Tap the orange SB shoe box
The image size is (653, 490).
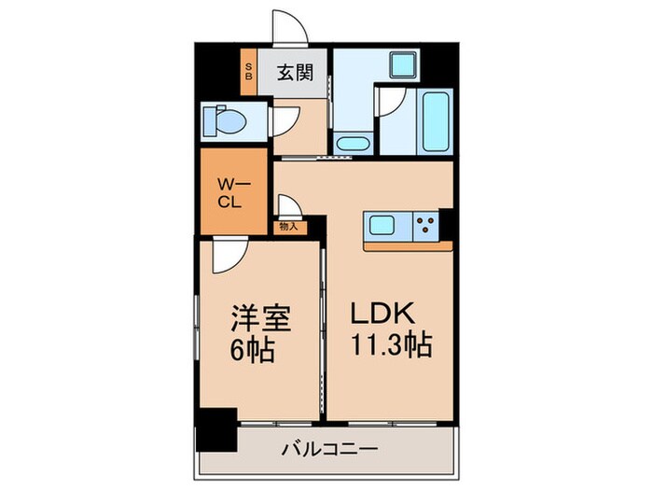pos(249,71)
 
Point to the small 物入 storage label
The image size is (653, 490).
pos(287,226)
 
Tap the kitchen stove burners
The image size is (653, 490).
pos(426,224)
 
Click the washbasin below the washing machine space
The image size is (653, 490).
pos(352,145)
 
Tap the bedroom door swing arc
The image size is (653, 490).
pos(224,257)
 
